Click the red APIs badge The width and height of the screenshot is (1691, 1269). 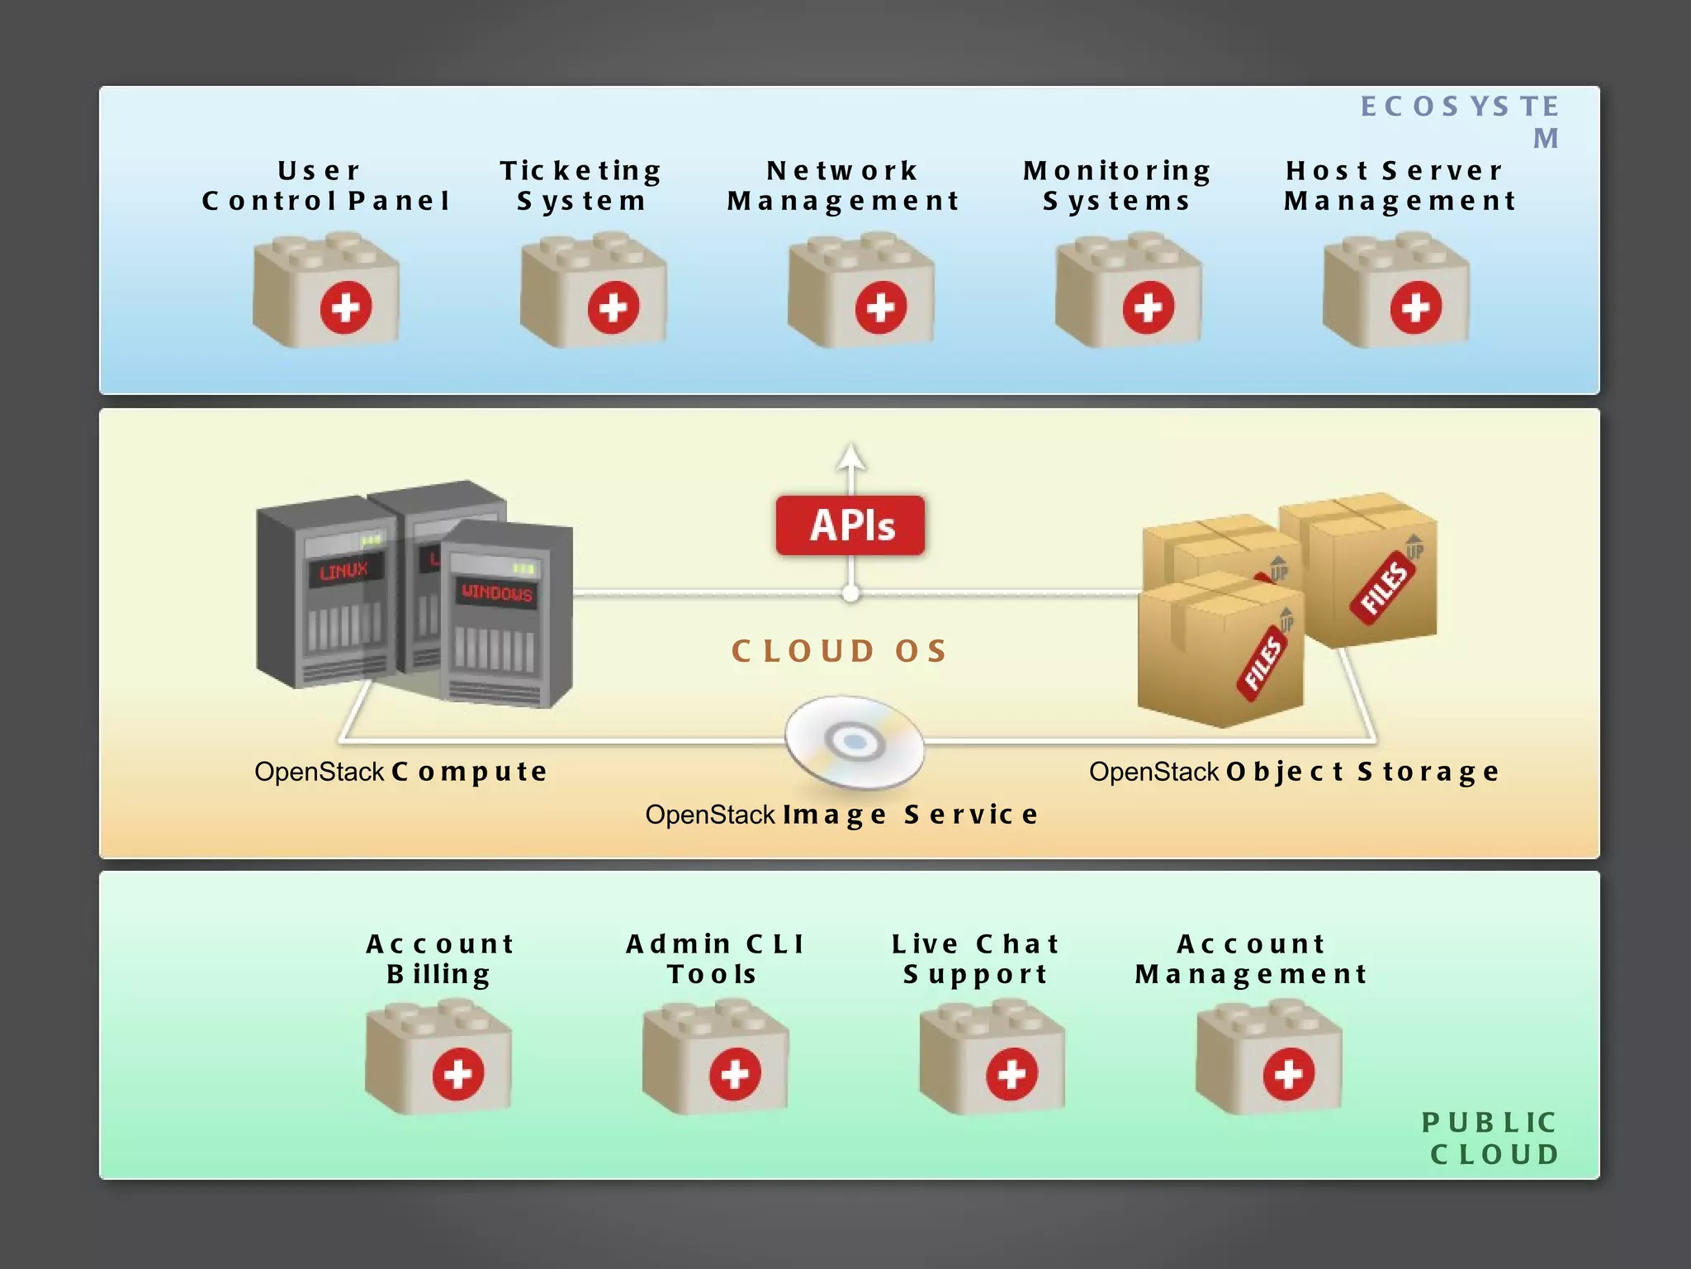tap(850, 525)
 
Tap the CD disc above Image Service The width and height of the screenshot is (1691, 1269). tap(854, 742)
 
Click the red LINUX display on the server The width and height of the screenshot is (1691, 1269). tap(344, 571)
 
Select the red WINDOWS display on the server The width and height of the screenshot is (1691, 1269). tap(497, 592)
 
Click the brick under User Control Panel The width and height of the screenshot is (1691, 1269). tap(326, 291)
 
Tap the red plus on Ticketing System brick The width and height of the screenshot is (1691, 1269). tap(613, 307)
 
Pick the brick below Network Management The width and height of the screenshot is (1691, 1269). tap(861, 291)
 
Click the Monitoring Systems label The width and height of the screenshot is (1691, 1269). tap(1117, 185)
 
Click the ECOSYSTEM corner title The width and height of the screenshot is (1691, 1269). tap(1460, 120)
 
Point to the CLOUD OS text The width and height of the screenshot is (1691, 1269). tap(839, 651)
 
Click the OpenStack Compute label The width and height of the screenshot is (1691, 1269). tap(400, 772)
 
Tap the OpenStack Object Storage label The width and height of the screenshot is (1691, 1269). tap(1293, 772)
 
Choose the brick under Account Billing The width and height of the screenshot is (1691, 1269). tap(438, 1057)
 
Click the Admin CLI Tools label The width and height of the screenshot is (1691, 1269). tap(714, 958)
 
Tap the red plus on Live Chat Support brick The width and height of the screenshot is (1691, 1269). tap(1011, 1074)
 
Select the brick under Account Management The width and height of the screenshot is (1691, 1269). tap(1269, 1057)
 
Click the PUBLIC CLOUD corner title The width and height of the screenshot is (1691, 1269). tap(1491, 1138)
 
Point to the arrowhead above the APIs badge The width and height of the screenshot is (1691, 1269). tap(851, 455)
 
